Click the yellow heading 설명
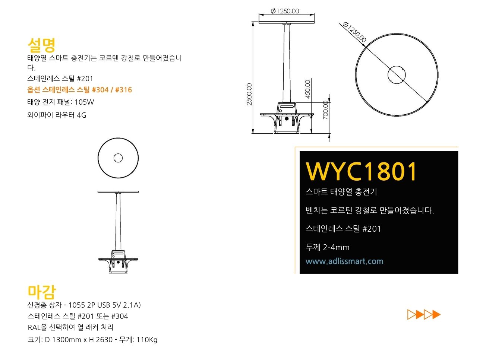point(41,45)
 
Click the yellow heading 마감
point(42,292)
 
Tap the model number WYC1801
point(361,171)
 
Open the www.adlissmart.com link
point(344,261)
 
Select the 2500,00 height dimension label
point(249,94)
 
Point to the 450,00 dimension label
point(307,89)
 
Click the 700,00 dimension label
point(326,110)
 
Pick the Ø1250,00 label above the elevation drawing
point(285,11)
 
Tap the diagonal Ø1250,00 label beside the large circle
point(354,32)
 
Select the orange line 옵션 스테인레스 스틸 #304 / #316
point(79,90)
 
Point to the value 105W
point(84,102)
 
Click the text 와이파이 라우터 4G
point(57,115)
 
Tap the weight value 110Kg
point(147,340)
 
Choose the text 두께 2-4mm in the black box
point(328,248)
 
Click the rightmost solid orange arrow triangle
point(436,315)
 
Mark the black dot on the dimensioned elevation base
point(287,119)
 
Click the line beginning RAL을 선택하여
point(70,327)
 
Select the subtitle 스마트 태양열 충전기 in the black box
point(341,192)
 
